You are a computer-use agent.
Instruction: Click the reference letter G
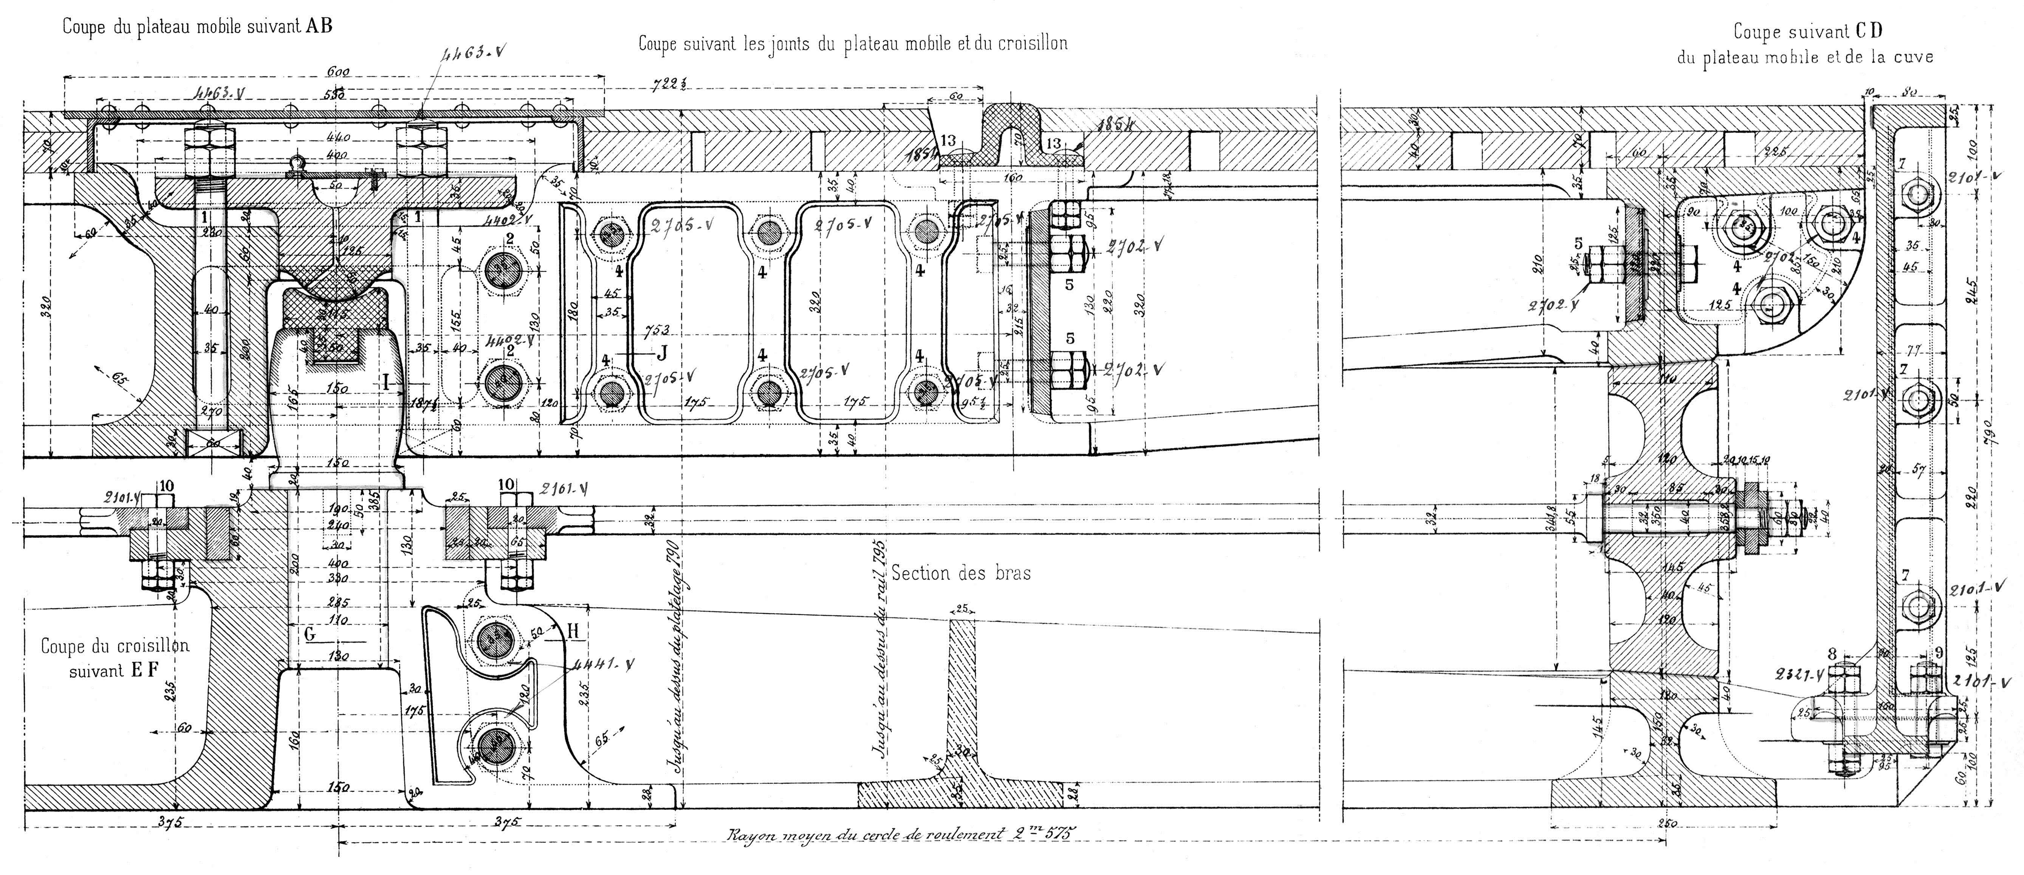pyautogui.click(x=310, y=634)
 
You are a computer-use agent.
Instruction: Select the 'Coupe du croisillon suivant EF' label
pyautogui.click(x=115, y=658)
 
